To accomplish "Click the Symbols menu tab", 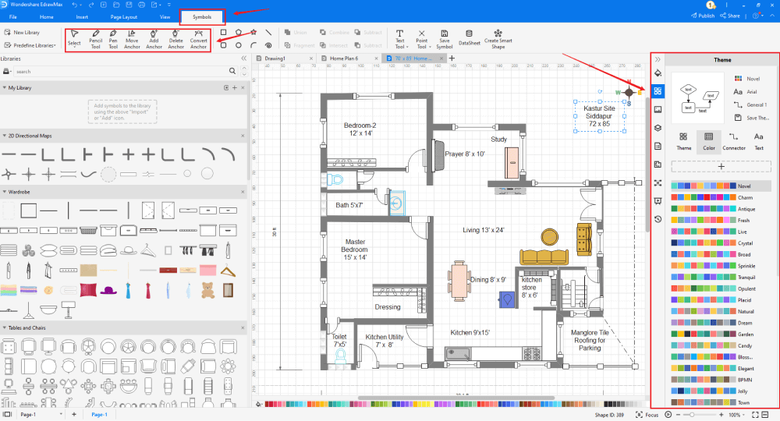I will tap(201, 16).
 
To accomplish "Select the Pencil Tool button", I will tap(96, 39).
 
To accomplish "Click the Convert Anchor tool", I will tap(199, 39).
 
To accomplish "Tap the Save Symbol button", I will tap(444, 39).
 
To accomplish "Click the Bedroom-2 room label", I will tap(360, 129).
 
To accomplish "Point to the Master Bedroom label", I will tap(354, 249).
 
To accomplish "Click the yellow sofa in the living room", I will tap(544, 256).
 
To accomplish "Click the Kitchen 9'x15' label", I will tap(470, 333).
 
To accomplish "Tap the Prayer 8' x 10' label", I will tap(465, 154).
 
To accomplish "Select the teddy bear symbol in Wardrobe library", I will tap(208, 290).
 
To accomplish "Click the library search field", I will tap(121, 71).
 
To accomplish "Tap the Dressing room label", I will tap(388, 307).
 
